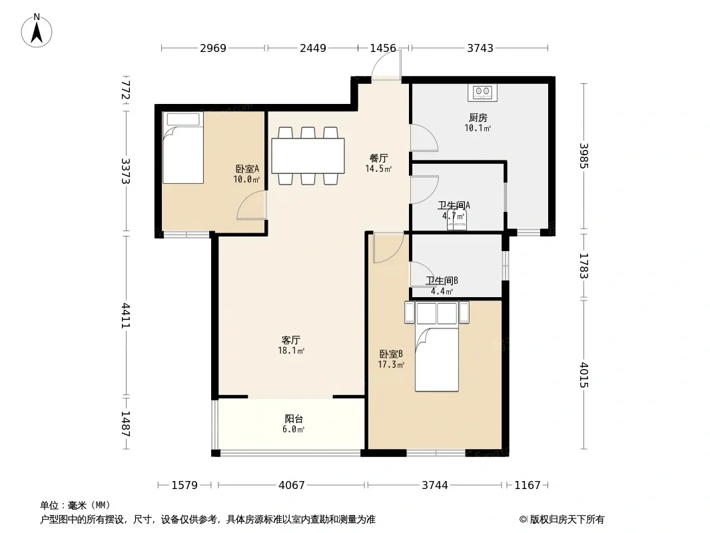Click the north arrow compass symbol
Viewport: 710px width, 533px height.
tap(37, 31)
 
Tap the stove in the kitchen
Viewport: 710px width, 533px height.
tap(482, 93)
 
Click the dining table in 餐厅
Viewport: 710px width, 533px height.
tap(308, 156)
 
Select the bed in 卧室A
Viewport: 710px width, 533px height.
tap(183, 148)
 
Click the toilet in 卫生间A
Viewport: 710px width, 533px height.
tap(456, 221)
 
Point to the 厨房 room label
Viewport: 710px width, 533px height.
tap(478, 118)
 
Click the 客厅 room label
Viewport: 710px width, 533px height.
tap(291, 340)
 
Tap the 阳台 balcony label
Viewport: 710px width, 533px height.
tap(294, 419)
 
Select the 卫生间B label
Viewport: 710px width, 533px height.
tap(442, 280)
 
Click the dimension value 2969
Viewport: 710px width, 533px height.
tap(213, 48)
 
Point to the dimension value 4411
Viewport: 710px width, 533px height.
tap(125, 316)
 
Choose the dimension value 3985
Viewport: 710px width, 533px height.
tap(583, 156)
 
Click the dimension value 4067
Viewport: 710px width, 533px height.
tap(292, 485)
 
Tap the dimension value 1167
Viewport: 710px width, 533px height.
tap(528, 485)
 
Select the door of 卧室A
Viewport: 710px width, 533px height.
tap(252, 205)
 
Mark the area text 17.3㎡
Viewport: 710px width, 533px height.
tap(391, 364)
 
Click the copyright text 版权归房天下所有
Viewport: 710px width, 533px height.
tap(567, 520)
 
